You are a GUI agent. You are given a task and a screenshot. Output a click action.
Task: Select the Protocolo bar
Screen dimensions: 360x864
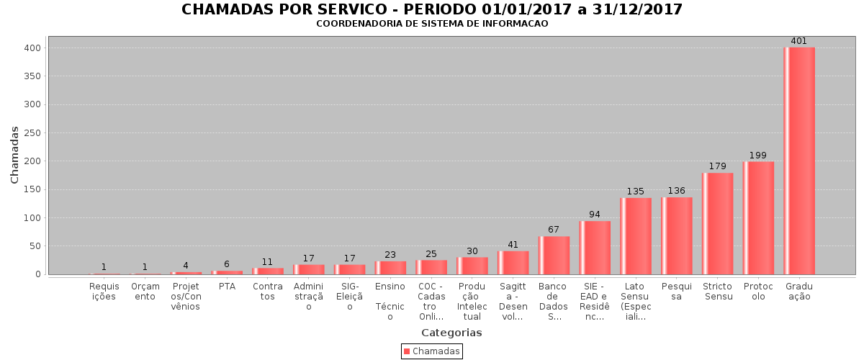pos(758,217)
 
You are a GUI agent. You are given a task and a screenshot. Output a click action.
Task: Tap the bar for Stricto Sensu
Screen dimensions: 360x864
pos(717,223)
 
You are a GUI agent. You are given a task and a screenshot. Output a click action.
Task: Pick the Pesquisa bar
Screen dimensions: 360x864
pos(676,235)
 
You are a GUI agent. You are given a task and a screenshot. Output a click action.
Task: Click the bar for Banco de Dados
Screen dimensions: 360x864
pos(554,255)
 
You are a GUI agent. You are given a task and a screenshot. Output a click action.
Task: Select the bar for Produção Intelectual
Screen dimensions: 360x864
pos(472,266)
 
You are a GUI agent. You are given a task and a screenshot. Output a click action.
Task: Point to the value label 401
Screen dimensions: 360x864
pos(799,41)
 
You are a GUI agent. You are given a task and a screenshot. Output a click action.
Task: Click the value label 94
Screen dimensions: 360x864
pos(595,215)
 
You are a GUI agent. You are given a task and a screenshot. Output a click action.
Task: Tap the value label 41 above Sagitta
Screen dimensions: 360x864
pos(513,245)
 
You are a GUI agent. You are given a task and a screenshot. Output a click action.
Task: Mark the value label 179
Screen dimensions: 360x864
pos(717,166)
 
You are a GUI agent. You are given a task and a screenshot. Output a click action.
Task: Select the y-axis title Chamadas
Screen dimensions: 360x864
pos(15,154)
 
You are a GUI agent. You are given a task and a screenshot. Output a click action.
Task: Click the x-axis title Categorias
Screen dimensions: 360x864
pos(451,333)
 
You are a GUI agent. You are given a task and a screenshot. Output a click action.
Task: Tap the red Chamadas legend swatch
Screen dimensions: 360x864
pos(407,351)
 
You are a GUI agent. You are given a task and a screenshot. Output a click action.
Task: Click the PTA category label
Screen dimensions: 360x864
pos(227,287)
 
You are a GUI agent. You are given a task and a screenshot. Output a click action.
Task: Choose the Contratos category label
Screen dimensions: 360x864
pos(268,292)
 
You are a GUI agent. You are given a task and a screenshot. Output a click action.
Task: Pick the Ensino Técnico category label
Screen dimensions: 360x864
pos(390,302)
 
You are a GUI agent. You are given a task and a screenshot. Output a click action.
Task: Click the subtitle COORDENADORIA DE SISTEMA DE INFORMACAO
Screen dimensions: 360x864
pos(432,24)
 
